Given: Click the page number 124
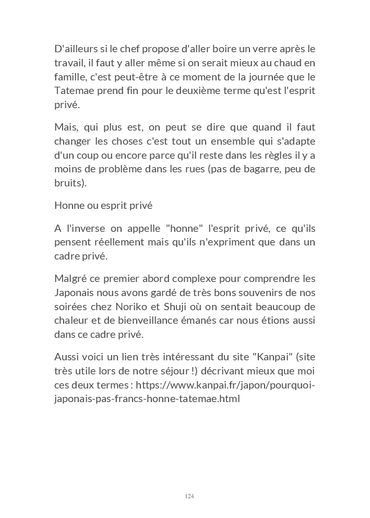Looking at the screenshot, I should pos(189,496).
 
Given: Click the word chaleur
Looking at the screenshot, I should pos(71,320).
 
